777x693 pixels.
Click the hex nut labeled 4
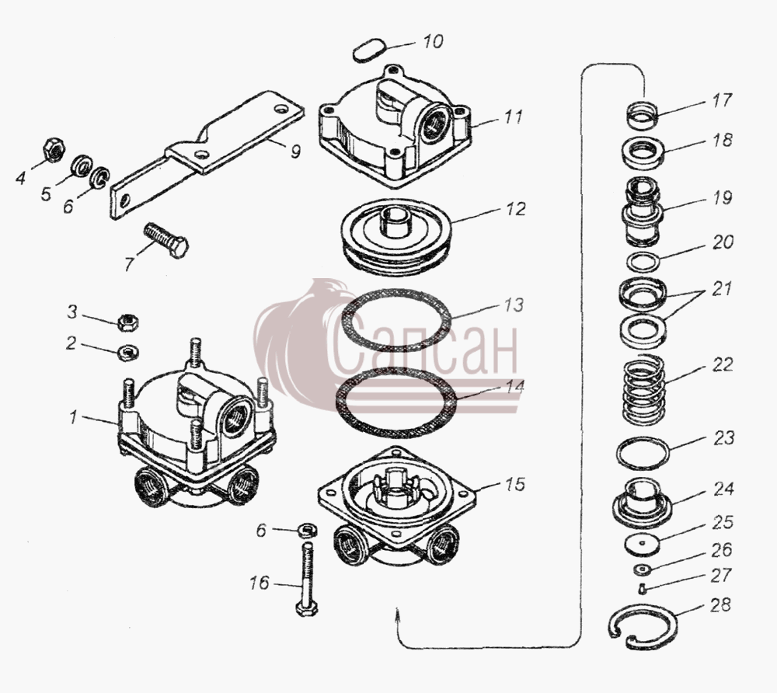point(53,150)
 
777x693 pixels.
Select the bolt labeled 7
point(166,240)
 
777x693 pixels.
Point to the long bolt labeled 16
point(307,578)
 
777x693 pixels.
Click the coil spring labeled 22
point(643,390)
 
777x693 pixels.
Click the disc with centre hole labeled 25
point(643,543)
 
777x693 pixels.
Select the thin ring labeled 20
point(643,262)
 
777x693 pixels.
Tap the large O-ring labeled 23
point(643,453)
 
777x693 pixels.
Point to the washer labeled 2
point(127,352)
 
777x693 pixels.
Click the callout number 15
point(515,483)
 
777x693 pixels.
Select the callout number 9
point(295,151)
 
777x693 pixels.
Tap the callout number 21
point(722,289)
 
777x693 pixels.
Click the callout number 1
point(73,417)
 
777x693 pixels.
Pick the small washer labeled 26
point(643,569)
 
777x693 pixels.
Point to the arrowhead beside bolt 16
point(397,616)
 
